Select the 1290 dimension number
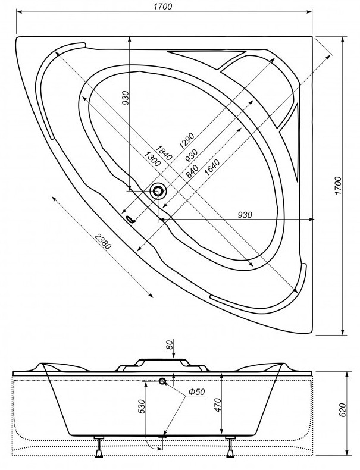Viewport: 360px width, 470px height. point(186,139)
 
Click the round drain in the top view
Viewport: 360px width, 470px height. point(158,190)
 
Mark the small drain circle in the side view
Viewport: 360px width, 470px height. point(162,381)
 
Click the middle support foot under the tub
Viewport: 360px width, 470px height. point(162,439)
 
